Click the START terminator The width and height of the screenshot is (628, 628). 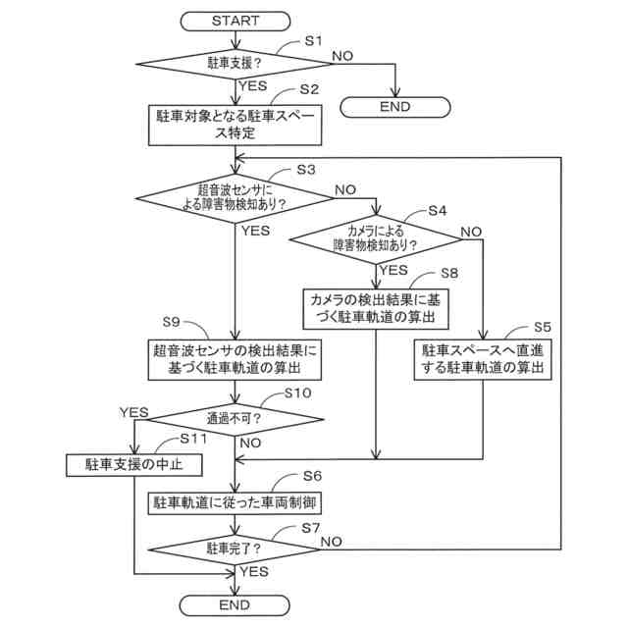pos(236,20)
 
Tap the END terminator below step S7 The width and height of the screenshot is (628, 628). pos(236,603)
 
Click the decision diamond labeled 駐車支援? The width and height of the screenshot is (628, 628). pos(236,64)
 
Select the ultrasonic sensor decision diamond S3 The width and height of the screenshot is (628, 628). pos(235,196)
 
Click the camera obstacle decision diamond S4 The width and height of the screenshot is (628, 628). pos(375,237)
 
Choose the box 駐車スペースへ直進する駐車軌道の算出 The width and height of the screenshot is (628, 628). pos(483,358)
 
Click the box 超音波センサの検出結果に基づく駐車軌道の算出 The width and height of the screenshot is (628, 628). pos(235,358)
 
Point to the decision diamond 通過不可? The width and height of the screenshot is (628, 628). pos(235,417)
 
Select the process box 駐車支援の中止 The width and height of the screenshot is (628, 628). pos(135,464)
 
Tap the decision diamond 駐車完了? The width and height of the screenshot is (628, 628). pos(236,548)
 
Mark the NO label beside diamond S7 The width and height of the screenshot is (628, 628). pos(331,541)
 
